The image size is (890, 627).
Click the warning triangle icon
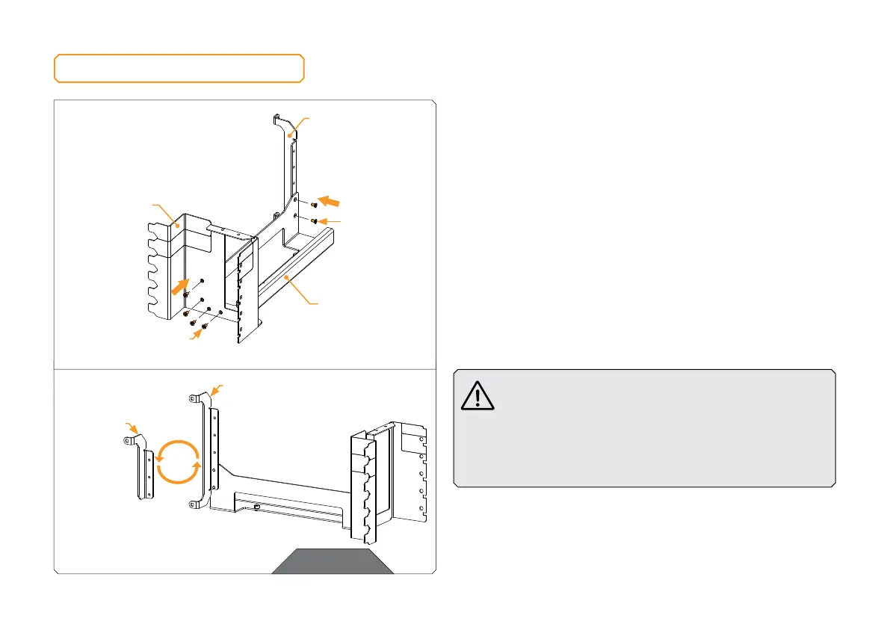click(x=478, y=395)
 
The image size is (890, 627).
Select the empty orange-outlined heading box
click(x=179, y=68)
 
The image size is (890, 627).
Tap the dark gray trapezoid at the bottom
click(x=332, y=561)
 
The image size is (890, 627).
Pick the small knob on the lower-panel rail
click(x=257, y=507)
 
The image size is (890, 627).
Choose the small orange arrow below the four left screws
click(x=196, y=338)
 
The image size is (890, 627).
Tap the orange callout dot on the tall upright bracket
click(x=289, y=135)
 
